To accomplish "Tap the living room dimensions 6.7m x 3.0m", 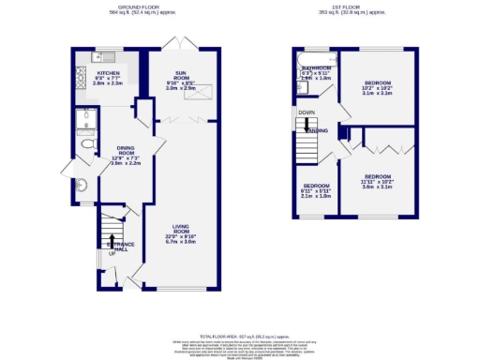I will pyautogui.click(x=182, y=242).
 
